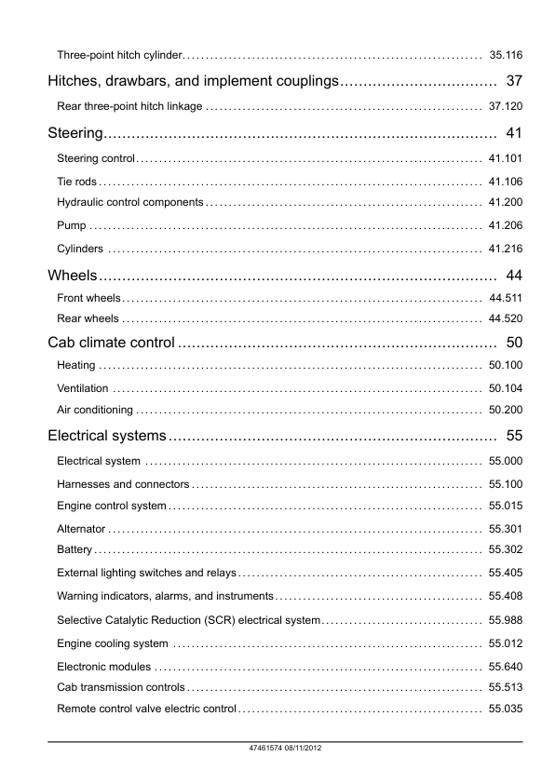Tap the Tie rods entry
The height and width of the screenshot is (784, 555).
76,181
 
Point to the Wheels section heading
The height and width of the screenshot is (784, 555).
73,275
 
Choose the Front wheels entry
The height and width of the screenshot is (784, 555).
88,298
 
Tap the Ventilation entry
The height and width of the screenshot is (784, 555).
82,387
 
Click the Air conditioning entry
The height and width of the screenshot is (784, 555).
94,410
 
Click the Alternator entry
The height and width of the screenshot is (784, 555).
81,528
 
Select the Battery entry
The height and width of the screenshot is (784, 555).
74,549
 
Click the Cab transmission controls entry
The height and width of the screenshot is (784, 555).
120,687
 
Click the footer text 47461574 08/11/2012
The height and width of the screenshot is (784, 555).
277,748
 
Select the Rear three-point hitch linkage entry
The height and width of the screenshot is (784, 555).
129,106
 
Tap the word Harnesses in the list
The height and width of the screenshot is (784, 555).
83,484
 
